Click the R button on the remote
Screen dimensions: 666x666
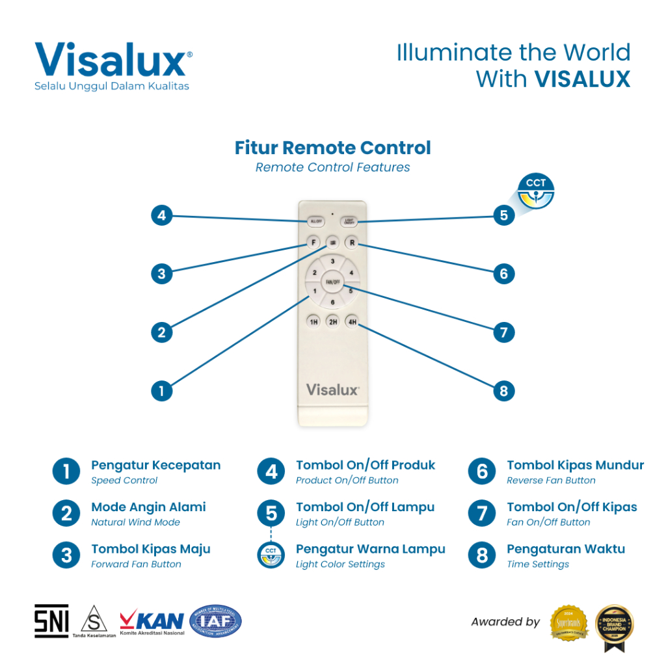click(x=352, y=243)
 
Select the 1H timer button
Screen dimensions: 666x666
click(x=313, y=321)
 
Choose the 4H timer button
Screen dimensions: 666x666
click(x=352, y=321)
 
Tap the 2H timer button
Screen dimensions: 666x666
click(x=332, y=321)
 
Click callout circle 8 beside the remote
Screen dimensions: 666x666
click(x=503, y=391)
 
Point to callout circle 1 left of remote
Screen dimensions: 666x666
click(x=161, y=391)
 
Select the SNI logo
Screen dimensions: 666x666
click(x=51, y=621)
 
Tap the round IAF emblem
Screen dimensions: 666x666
click(x=215, y=621)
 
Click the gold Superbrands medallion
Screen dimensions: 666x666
click(x=569, y=622)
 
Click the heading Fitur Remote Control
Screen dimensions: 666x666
click(x=332, y=148)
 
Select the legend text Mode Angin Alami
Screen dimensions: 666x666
click(x=148, y=507)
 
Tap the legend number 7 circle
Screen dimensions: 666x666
click(x=482, y=513)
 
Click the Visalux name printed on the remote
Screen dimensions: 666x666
click(x=332, y=390)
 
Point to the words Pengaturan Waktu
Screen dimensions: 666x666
click(x=566, y=549)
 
